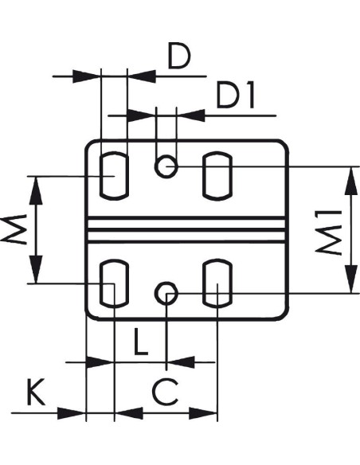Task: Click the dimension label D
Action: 179,56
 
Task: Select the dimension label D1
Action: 236,96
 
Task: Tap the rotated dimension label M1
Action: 328,232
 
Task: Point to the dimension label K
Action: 36,392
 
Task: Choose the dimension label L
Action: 141,342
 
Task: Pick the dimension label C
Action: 165,393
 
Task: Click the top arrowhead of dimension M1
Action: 351,181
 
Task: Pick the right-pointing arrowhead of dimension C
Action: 203,412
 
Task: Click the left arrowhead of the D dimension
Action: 87,76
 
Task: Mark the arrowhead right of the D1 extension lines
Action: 190,115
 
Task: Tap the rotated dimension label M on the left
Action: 14,230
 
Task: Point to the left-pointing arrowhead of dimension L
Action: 181,362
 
